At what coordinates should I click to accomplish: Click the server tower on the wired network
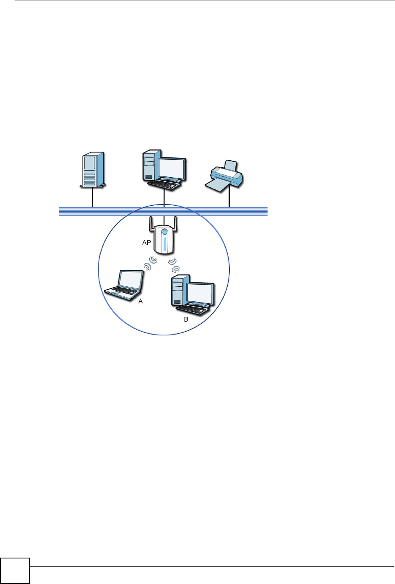[93, 170]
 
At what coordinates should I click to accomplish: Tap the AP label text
[147, 243]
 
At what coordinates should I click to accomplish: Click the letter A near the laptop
[141, 301]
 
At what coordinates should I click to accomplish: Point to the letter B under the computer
[186, 319]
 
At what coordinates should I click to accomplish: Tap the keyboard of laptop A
[121, 292]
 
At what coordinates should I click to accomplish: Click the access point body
[164, 241]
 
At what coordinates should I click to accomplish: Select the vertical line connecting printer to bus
[229, 197]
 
